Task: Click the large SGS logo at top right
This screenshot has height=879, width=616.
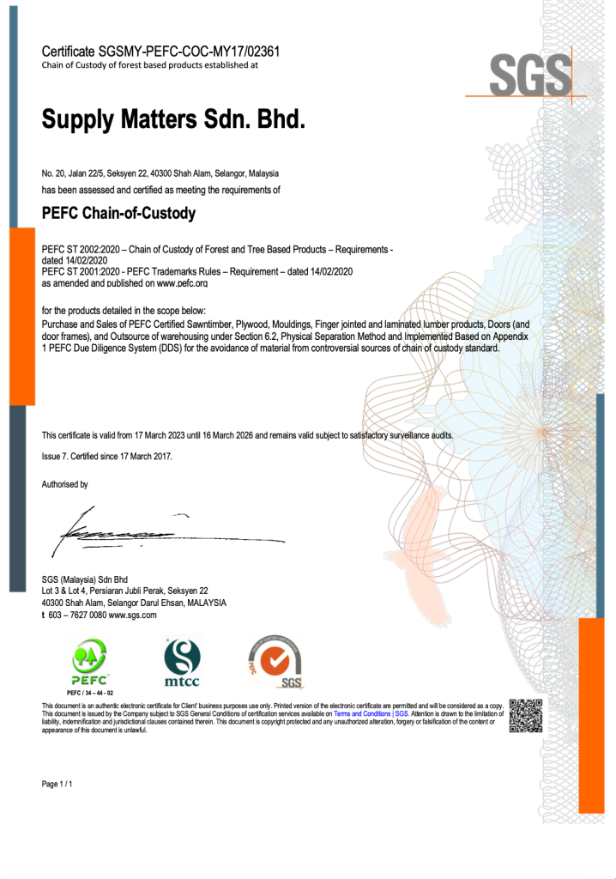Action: click(x=530, y=75)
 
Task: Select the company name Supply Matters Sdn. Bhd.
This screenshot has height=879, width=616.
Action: click(x=173, y=119)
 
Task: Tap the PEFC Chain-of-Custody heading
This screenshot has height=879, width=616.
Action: click(x=118, y=213)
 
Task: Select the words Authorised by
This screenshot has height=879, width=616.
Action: click(x=65, y=485)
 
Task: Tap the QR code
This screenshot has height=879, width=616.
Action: click(x=525, y=716)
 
